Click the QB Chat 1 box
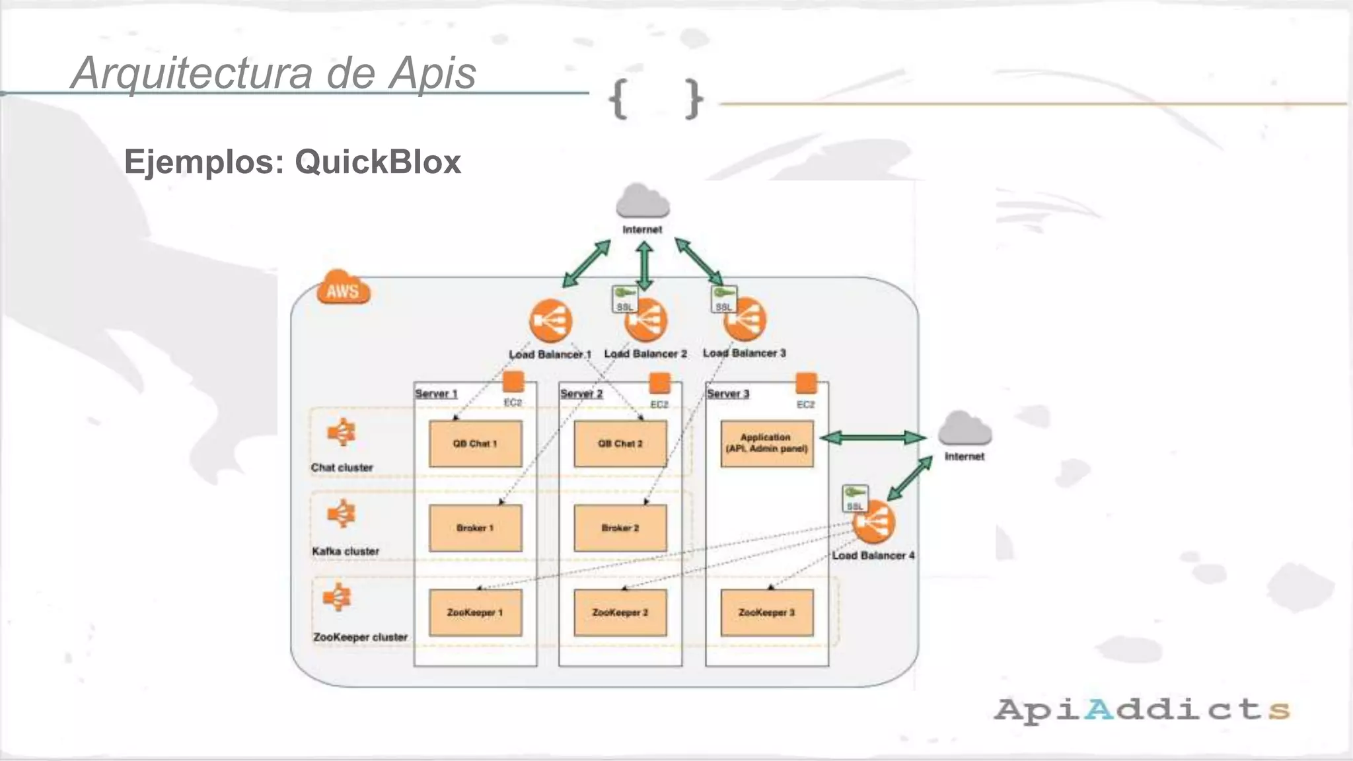475,444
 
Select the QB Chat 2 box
620,444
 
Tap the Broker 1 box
475,528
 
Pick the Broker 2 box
620,528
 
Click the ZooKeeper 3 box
766,612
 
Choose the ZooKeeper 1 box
475,612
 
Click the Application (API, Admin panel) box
766,443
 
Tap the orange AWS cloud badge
343,288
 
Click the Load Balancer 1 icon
550,321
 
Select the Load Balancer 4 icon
873,522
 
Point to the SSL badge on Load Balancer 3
723,299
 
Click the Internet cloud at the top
642,201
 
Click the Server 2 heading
581,394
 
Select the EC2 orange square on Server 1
513,382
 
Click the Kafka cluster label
346,551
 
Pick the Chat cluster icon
342,433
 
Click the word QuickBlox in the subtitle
378,162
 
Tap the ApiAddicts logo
1142,709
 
